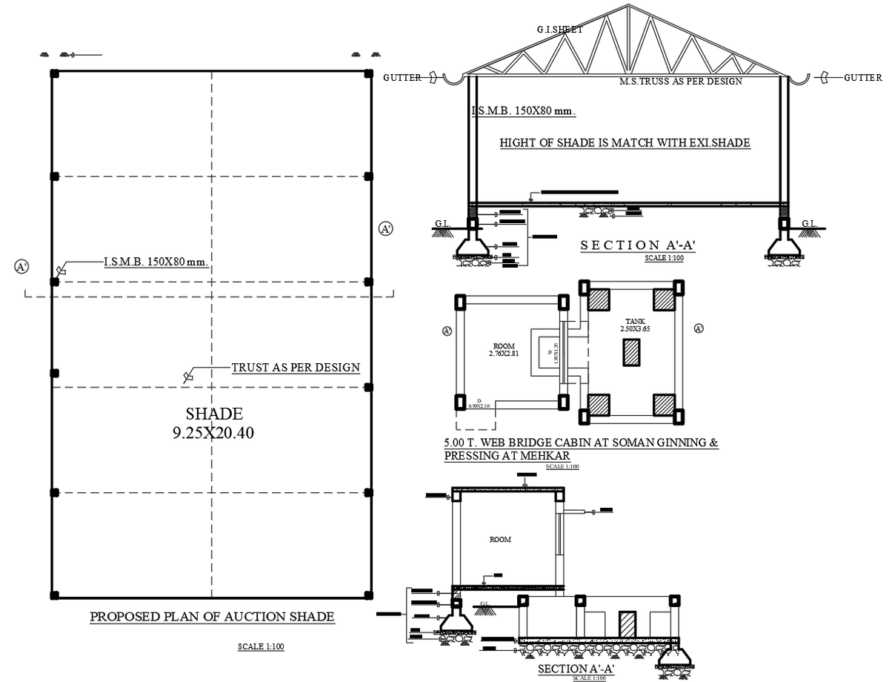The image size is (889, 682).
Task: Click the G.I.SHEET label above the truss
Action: (x=559, y=30)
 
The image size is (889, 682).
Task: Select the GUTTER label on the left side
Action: (x=402, y=77)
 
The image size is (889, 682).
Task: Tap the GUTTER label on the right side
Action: (x=862, y=77)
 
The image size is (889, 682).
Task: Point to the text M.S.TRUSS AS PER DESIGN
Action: (x=680, y=82)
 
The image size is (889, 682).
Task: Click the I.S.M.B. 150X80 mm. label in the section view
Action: (x=524, y=111)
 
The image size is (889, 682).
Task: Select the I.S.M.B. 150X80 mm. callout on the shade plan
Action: (x=156, y=262)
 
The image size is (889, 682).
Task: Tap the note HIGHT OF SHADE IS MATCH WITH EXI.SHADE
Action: (x=625, y=142)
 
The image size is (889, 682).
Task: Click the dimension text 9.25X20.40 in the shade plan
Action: (x=213, y=433)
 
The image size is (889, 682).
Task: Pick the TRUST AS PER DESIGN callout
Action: (x=296, y=367)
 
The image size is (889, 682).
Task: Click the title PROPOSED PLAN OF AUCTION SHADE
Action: (x=212, y=616)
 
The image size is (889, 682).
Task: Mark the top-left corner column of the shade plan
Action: (x=54, y=73)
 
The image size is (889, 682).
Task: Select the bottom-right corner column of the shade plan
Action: (x=368, y=595)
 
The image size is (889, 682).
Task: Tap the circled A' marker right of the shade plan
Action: (x=385, y=228)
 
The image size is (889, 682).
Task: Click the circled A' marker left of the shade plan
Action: (x=21, y=266)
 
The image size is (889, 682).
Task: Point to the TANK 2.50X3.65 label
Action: (x=635, y=325)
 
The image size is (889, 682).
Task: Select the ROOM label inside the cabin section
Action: (x=500, y=540)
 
